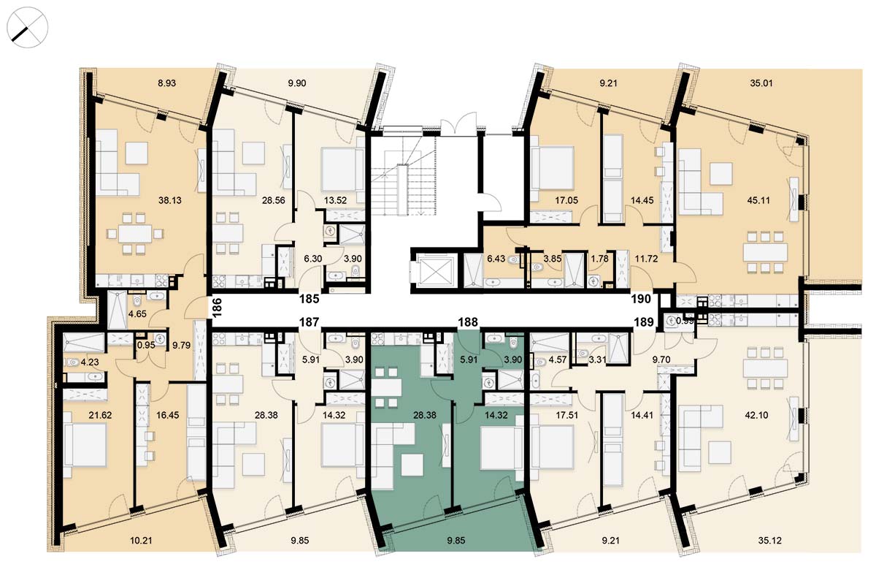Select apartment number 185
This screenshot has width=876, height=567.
click(x=310, y=299)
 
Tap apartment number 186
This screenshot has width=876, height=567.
click(x=217, y=307)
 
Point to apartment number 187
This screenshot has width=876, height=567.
click(x=310, y=322)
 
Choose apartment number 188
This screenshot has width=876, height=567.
click(x=468, y=322)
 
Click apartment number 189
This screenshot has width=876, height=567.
click(x=644, y=322)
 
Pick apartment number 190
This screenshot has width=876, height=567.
click(x=641, y=299)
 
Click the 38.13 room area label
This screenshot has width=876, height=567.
click(x=169, y=200)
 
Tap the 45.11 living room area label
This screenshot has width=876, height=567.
click(x=758, y=200)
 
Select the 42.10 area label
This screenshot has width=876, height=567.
click(x=756, y=415)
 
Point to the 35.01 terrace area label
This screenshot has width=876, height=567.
click(x=761, y=83)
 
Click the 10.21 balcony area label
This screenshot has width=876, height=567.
click(x=141, y=541)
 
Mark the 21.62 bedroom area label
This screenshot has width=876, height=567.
click(x=100, y=415)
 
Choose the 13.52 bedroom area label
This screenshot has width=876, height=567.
click(x=335, y=200)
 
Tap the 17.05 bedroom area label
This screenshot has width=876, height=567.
click(x=566, y=200)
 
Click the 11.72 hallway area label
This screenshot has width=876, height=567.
click(x=646, y=259)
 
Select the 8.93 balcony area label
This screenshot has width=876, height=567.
click(x=166, y=83)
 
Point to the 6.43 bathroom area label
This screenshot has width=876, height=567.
click(x=496, y=259)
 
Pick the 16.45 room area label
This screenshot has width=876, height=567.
click(x=167, y=415)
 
